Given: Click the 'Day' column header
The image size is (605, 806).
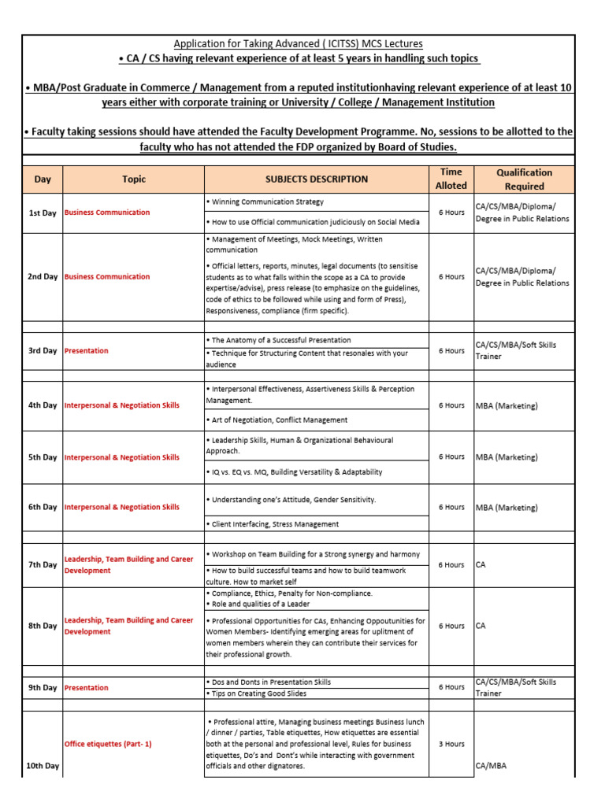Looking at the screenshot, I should click(43, 179).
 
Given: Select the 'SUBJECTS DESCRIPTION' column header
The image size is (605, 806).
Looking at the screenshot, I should click(317, 179).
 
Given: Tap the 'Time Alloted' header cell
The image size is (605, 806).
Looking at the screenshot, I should click(451, 179).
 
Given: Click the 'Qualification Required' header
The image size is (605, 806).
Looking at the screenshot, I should click(524, 179).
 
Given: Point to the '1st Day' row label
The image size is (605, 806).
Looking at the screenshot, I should click(43, 213).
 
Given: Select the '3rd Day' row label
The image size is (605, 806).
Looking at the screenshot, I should click(43, 350).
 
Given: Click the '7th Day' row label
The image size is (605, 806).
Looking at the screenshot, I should click(43, 564).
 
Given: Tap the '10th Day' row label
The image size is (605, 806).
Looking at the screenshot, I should click(43, 765).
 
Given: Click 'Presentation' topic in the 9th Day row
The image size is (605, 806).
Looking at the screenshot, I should click(86, 687).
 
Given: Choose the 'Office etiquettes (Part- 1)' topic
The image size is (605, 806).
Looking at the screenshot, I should click(108, 744).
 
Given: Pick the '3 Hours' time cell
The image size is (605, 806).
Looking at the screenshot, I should click(451, 744).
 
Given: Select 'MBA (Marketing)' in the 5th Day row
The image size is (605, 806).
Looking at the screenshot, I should click(507, 457).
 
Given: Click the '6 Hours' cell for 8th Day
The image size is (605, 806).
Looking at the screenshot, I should click(451, 626).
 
